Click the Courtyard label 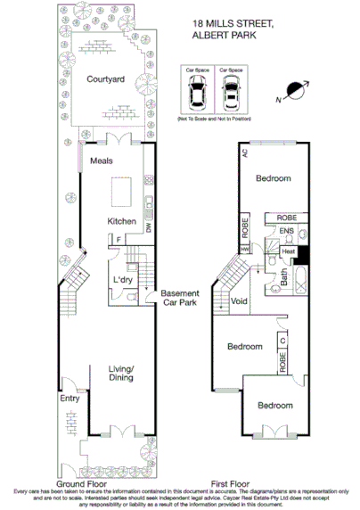click(x=103, y=78)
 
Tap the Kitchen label click(x=122, y=220)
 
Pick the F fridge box click(x=119, y=240)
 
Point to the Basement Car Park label click(x=180, y=299)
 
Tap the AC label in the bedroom click(x=244, y=153)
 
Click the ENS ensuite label click(x=285, y=231)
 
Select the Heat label click(x=288, y=252)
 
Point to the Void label click(x=239, y=301)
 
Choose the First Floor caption click(x=229, y=484)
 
